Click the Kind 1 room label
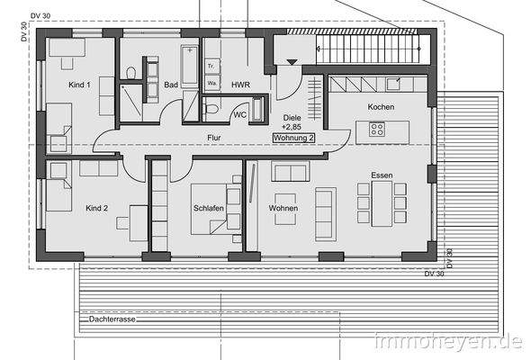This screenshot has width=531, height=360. click(x=79, y=85)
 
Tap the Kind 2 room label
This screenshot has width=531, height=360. click(x=96, y=208)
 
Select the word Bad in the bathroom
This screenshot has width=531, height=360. click(x=169, y=85)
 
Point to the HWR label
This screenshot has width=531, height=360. click(x=239, y=85)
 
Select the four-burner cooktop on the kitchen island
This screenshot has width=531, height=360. click(x=377, y=130)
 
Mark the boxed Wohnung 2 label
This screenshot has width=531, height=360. click(x=293, y=138)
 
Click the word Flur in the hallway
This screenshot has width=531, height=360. click(x=213, y=138)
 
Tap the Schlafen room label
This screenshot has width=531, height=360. click(x=208, y=209)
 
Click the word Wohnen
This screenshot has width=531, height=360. click(x=283, y=209)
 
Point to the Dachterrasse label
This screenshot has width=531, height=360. click(x=112, y=319)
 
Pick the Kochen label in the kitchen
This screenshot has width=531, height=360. click(x=382, y=107)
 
